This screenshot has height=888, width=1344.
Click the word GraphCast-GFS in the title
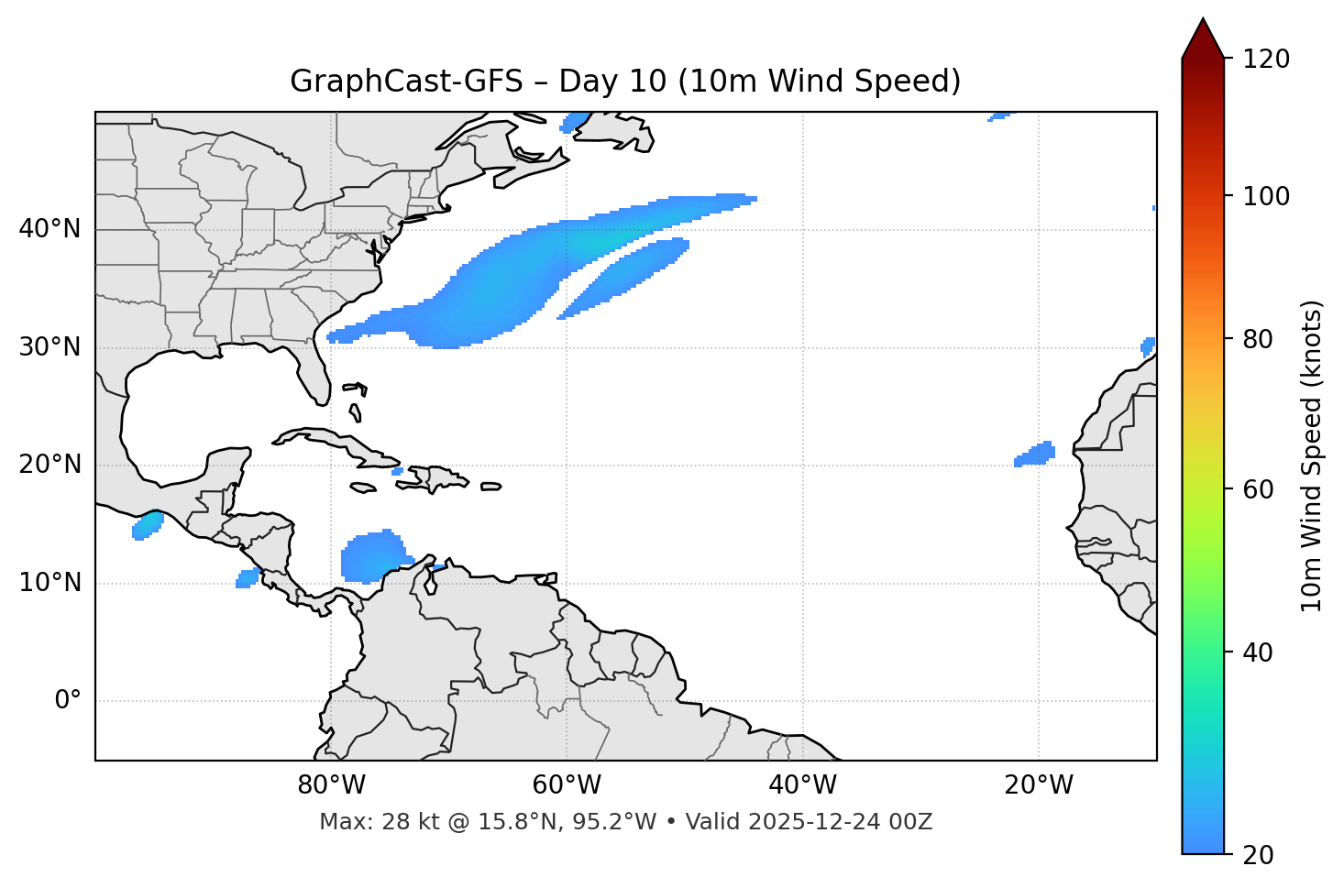coord(406,82)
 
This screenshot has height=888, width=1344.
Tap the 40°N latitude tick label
coord(50,229)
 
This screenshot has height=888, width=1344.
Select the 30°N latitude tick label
coord(50,347)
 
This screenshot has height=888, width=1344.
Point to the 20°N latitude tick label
coord(50,465)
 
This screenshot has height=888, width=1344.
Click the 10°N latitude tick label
coord(50,583)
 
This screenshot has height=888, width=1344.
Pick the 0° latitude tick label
coord(68,701)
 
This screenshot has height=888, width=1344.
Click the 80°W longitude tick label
coord(331,785)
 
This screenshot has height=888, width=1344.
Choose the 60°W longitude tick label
coord(567,785)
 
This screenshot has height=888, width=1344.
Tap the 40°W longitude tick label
coord(802,785)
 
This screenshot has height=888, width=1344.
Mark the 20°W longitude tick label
coord(1038,785)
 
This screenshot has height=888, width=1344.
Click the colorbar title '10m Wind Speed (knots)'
coord(1312,455)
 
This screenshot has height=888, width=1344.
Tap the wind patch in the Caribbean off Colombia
coord(370,557)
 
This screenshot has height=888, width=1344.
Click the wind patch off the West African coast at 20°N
coord(1037,454)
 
